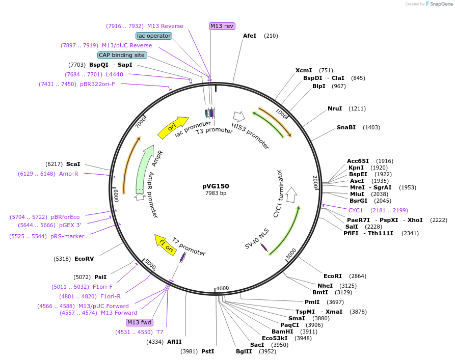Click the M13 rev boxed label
pyautogui.click(x=222, y=26)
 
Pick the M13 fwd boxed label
pyautogui.click(x=140, y=322)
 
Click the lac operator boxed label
pyautogui.click(x=154, y=36)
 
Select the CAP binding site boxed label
pyautogui.click(x=122, y=55)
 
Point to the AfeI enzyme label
pyautogui.click(x=250, y=36)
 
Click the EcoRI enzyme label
pyautogui.click(x=334, y=276)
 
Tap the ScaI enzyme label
pyautogui.click(x=73, y=164)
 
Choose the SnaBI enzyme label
pyautogui.click(x=346, y=127)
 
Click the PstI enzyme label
pyautogui.click(x=207, y=351)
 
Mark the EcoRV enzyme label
pyautogui.click(x=84, y=259)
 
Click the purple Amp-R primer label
pyautogui.click(x=68, y=174)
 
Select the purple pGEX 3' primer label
pyautogui.click(x=69, y=225)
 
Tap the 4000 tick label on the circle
pyautogui.click(x=223, y=289)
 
